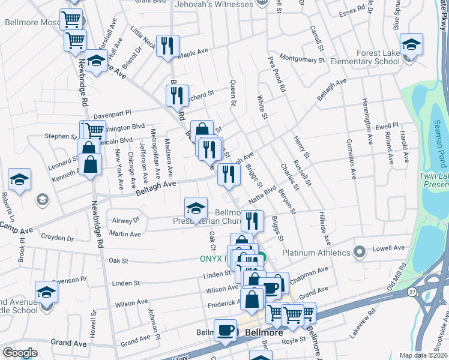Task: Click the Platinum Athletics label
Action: point(316,252)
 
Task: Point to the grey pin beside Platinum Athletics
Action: point(360,251)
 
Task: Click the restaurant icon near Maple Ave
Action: point(167,46)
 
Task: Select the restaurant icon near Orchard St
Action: point(177,96)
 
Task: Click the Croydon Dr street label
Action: point(58,238)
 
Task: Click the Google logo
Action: point(20,353)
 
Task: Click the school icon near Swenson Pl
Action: point(46,292)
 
